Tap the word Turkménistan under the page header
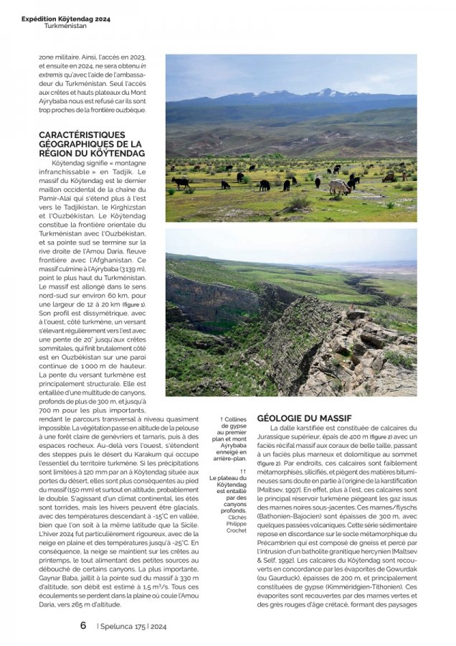pos(65,26)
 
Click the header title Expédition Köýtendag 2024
pos(66,18)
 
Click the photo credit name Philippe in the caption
pos(237,523)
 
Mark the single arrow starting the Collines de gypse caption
pos(221,419)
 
